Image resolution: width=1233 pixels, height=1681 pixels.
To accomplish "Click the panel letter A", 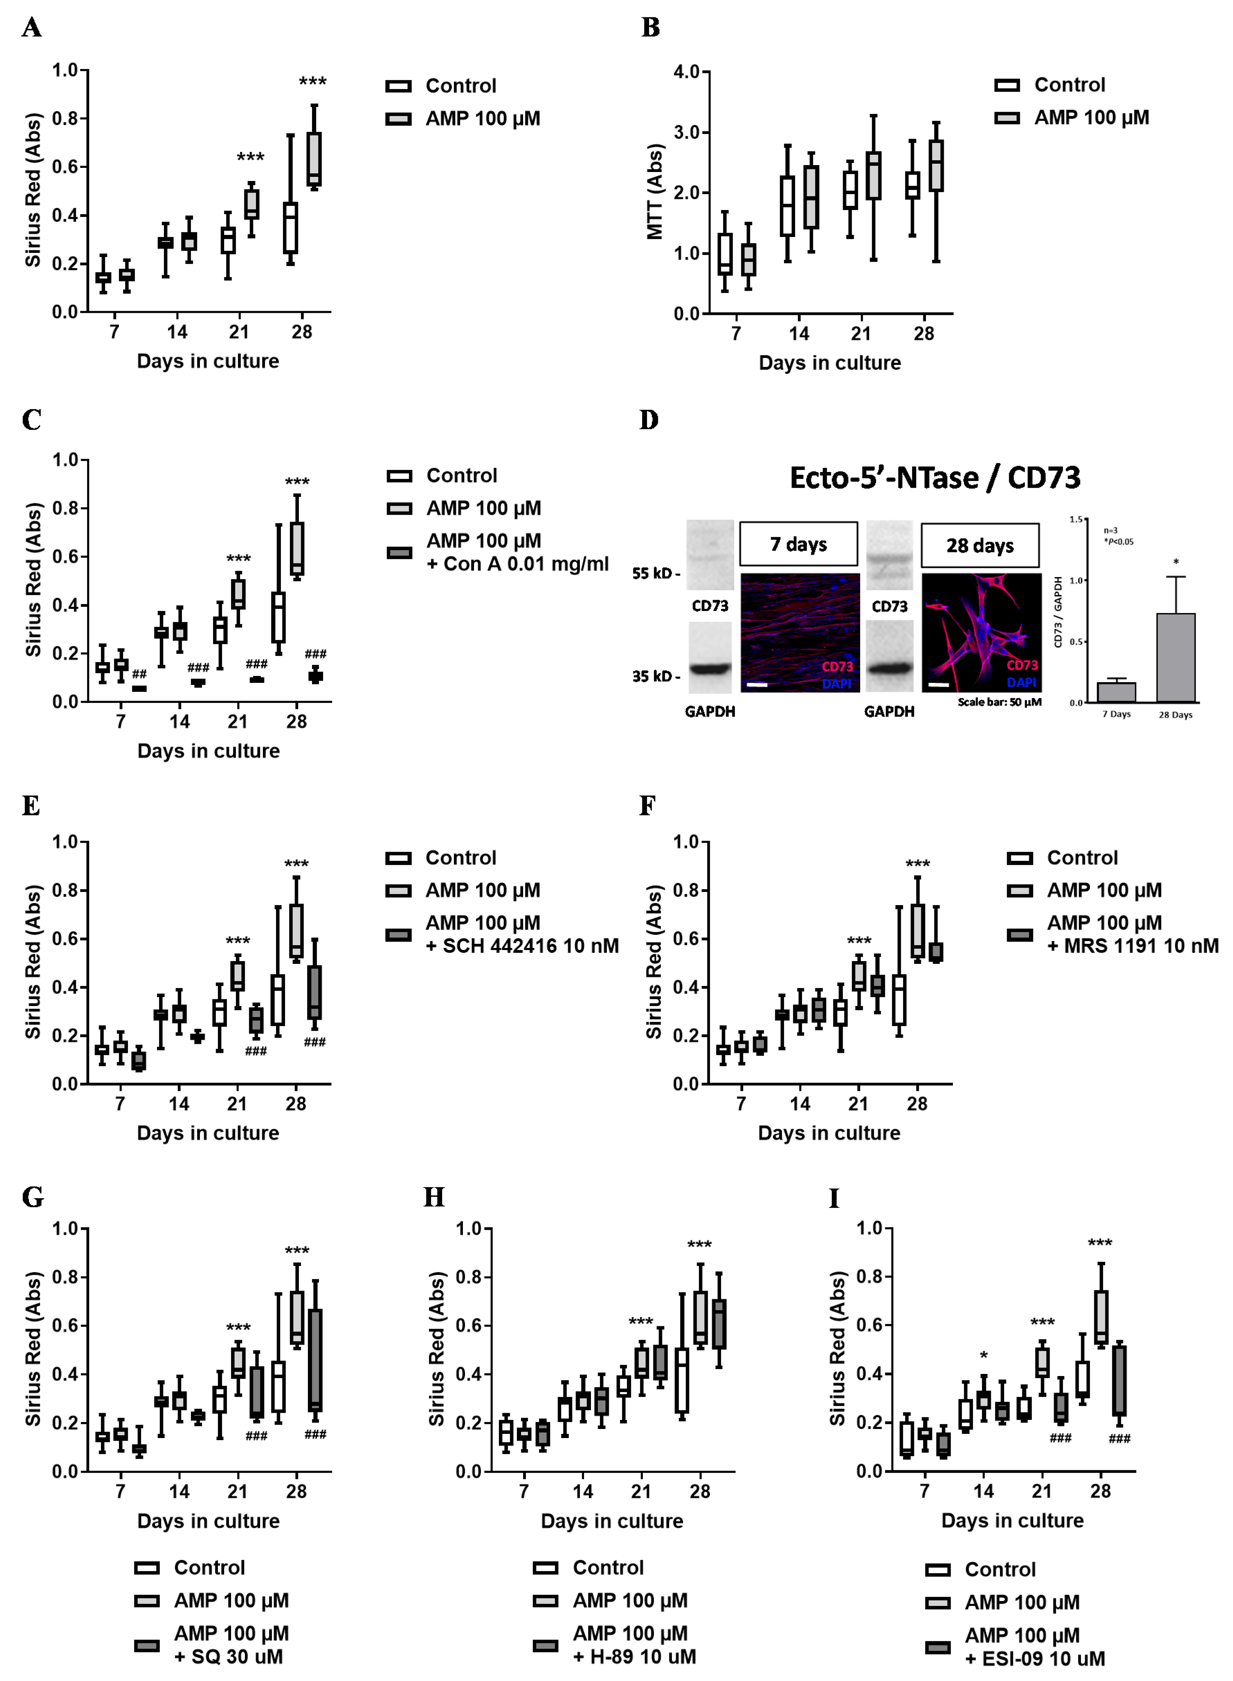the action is [x=31, y=28].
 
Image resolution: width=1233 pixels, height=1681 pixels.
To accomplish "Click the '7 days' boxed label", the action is [x=798, y=544].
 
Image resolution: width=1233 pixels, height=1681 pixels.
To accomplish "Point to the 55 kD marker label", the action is [x=656, y=573].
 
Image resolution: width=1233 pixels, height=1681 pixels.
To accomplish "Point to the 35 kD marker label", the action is [x=656, y=676].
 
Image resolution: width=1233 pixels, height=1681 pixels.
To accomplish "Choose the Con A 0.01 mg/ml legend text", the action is [x=517, y=564].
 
